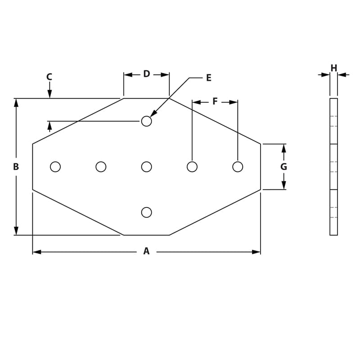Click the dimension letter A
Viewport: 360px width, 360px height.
(146, 252)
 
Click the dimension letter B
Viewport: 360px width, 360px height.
(16, 167)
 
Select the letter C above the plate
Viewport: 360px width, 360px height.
(49, 77)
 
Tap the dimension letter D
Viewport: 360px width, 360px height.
(147, 74)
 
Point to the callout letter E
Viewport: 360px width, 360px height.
(208, 78)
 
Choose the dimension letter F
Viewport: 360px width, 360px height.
(215, 102)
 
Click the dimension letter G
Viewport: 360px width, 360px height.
(283, 167)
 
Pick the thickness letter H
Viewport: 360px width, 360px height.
(333, 68)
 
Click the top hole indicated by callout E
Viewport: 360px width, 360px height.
(146, 121)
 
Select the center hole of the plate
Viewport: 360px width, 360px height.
(146, 167)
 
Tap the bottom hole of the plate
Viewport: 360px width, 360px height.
(146, 212)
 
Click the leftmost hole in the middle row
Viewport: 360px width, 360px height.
(55, 167)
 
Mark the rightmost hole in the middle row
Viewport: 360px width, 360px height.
(238, 167)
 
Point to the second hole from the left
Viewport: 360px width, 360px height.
(101, 167)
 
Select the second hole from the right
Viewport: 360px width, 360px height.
(192, 167)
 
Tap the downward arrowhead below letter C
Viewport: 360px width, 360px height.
(49, 94)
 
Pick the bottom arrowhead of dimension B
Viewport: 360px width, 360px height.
(16, 231)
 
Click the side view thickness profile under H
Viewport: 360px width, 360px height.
(333, 167)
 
